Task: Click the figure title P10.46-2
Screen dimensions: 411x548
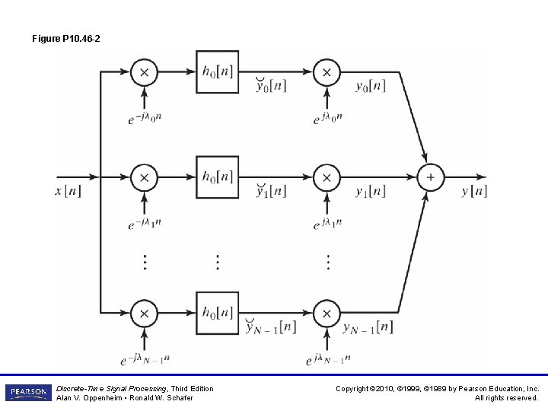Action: [x=66, y=38]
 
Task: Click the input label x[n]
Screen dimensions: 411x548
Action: [x=68, y=190]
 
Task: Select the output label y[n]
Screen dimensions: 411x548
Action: [x=474, y=190]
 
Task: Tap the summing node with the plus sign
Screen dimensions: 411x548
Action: [x=430, y=177]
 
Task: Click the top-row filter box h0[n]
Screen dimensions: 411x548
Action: [x=217, y=72]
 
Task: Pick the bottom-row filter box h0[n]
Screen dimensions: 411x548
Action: [x=217, y=313]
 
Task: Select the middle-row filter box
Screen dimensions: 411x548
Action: [x=217, y=177]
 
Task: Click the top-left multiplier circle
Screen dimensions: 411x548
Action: [x=143, y=72]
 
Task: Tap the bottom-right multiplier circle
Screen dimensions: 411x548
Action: [x=327, y=313]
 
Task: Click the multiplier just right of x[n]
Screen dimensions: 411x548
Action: [x=143, y=177]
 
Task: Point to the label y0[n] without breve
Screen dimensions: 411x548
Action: [x=371, y=85]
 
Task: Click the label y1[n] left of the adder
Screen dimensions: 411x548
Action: [x=371, y=191]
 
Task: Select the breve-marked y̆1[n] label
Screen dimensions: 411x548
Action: [x=271, y=190]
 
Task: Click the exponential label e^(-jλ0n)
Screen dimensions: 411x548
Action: [x=145, y=118]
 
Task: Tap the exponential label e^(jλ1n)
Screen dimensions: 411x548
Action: [x=328, y=224]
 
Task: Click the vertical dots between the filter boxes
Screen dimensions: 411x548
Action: [x=217, y=262]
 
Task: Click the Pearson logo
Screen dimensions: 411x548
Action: [x=27, y=393]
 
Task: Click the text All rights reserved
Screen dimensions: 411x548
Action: [x=506, y=398]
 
